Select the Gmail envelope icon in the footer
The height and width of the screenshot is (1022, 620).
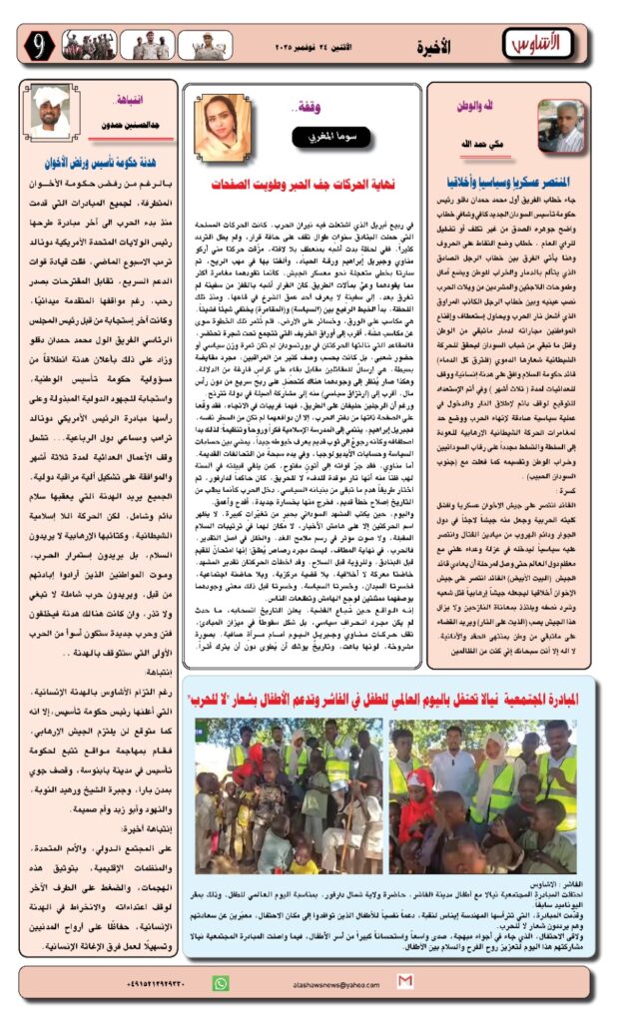click(404, 983)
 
